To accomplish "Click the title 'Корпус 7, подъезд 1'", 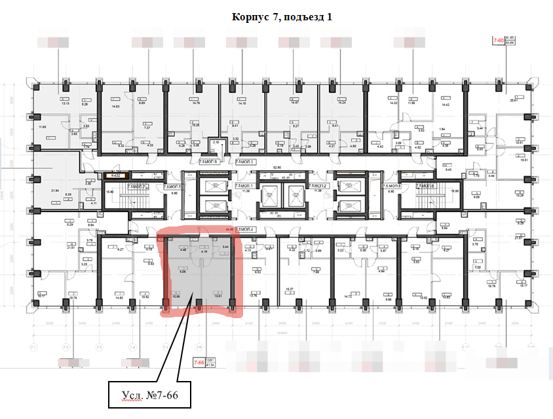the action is [281, 17].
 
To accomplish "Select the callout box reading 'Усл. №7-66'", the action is [150, 395].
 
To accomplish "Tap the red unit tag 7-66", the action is [197, 362].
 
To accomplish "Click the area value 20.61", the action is [512, 100].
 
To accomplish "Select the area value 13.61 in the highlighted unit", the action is [218, 296].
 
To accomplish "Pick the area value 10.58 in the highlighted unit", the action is [176, 296].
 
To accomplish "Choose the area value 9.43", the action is [449, 170].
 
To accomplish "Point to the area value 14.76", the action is [195, 103].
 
